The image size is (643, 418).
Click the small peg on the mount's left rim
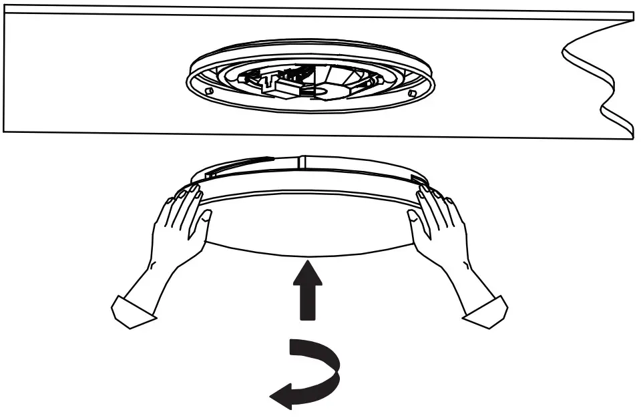209,89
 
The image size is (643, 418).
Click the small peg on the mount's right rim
412,93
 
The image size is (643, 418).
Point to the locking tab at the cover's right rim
417,178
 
